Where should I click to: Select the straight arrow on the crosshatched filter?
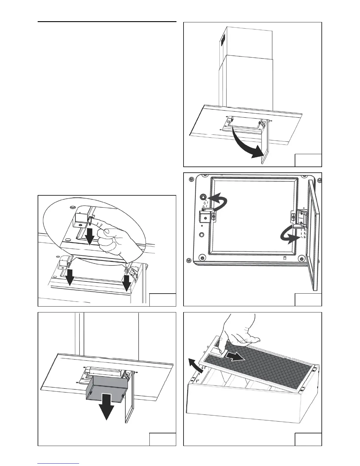[x=236, y=357]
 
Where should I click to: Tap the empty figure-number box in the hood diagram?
[x=308, y=160]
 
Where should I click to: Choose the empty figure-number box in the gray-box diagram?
[x=163, y=439]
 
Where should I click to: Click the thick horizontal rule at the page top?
[x=107, y=22]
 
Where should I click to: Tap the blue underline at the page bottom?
[x=59, y=464]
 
